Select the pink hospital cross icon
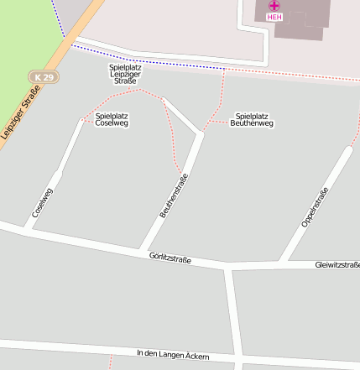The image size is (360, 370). pyautogui.click(x=274, y=5)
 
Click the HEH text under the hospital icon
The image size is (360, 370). pyautogui.click(x=274, y=16)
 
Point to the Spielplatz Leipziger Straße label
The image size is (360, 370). pyautogui.click(x=127, y=73)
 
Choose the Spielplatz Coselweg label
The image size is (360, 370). pyautogui.click(x=112, y=119)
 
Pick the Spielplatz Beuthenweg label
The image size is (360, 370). pyautogui.click(x=252, y=119)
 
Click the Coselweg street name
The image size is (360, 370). pyautogui.click(x=43, y=203)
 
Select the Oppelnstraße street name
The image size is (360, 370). pyautogui.click(x=314, y=207)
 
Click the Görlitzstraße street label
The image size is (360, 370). pyautogui.click(x=170, y=258)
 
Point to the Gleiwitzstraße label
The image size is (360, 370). pyautogui.click(x=337, y=265)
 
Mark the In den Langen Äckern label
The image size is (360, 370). pyautogui.click(x=173, y=355)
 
